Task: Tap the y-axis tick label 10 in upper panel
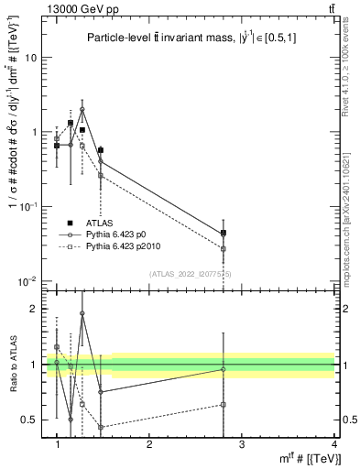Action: pyautogui.click(x=34, y=57)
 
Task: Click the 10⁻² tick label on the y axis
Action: pyautogui.click(x=31, y=280)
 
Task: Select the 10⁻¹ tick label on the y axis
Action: pyautogui.click(x=31, y=206)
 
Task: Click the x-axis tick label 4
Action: pyautogui.click(x=333, y=443)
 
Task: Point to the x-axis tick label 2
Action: pyautogui.click(x=149, y=443)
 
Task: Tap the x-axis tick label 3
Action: pyautogui.click(x=241, y=443)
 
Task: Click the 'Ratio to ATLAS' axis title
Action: pyautogui.click(x=12, y=364)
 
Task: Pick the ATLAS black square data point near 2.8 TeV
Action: pyautogui.click(x=224, y=233)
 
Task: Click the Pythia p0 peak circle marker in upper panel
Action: pyautogui.click(x=82, y=109)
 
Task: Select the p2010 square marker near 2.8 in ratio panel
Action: pyautogui.click(x=224, y=404)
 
